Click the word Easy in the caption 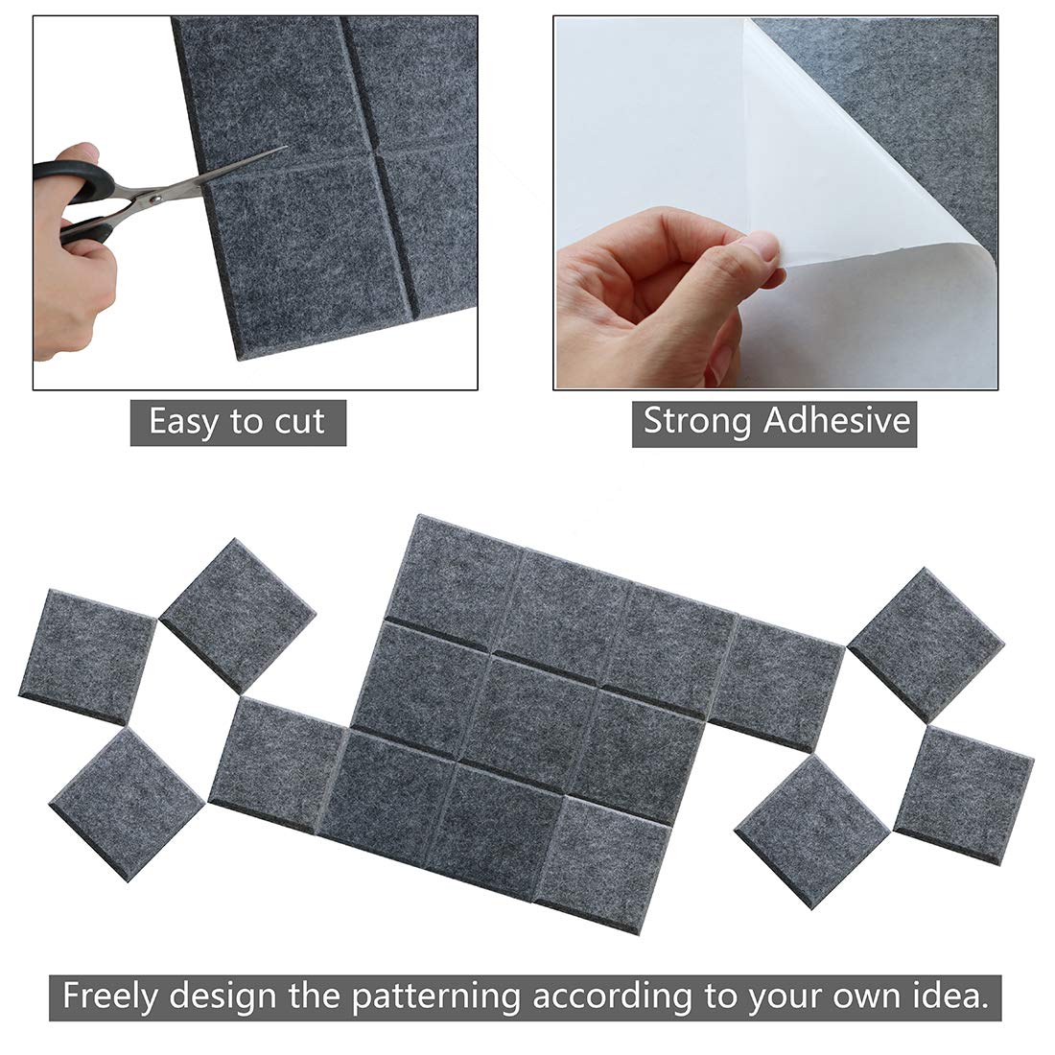182,422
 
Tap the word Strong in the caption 696,421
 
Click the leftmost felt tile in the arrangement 86,656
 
